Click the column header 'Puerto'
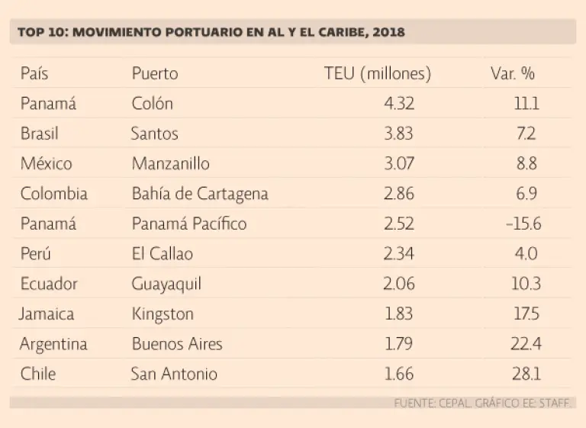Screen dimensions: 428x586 [155, 73]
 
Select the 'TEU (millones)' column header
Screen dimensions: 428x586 [377, 73]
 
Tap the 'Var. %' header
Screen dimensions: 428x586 [513, 73]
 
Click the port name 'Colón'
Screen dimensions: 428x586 [153, 103]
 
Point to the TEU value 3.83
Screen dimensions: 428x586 [399, 134]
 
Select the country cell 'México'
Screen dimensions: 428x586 [47, 163]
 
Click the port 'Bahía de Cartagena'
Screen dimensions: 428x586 [200, 194]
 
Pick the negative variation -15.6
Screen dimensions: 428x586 [522, 224]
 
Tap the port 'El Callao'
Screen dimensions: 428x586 [163, 254]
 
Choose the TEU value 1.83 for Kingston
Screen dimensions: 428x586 [399, 314]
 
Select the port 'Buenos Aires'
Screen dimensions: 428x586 [177, 344]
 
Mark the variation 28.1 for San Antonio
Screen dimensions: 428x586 [526, 374]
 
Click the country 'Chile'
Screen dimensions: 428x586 [38, 374]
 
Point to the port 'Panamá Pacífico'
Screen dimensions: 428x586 [189, 224]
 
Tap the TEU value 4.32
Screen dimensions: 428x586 [399, 103]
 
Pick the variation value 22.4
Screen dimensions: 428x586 [526, 344]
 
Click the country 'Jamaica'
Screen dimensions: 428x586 [47, 314]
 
